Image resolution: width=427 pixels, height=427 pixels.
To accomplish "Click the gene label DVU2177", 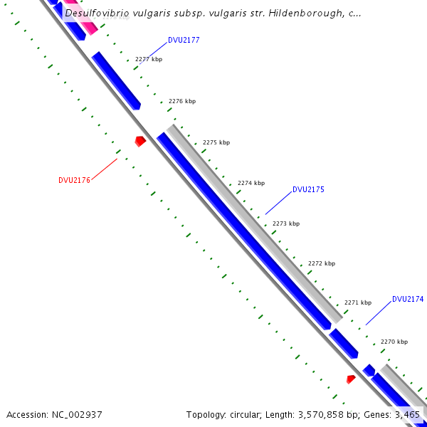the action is tap(184, 41).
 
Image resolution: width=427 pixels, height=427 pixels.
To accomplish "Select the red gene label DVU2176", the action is tap(74, 181).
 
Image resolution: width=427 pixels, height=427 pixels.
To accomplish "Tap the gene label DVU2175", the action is tap(308, 190).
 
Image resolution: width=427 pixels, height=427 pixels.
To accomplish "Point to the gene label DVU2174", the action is tap(408, 300).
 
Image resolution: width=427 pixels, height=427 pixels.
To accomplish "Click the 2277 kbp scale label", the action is tap(149, 60).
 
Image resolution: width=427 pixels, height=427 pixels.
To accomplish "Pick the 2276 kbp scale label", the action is tap(181, 102).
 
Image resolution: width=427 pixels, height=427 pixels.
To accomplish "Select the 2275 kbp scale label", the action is tap(216, 143).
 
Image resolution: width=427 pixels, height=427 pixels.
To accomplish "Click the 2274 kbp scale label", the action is tap(251, 184).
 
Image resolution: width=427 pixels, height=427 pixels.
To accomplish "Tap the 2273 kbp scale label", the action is tap(285, 224).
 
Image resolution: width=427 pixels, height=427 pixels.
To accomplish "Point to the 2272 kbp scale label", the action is tap(321, 264).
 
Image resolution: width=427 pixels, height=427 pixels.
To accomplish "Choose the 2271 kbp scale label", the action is tap(357, 303).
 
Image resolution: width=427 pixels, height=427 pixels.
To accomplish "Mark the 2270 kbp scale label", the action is tap(394, 342).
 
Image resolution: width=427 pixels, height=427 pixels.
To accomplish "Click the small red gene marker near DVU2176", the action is tap(140, 141).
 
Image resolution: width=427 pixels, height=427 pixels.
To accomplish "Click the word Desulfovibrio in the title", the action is tap(95, 14).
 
